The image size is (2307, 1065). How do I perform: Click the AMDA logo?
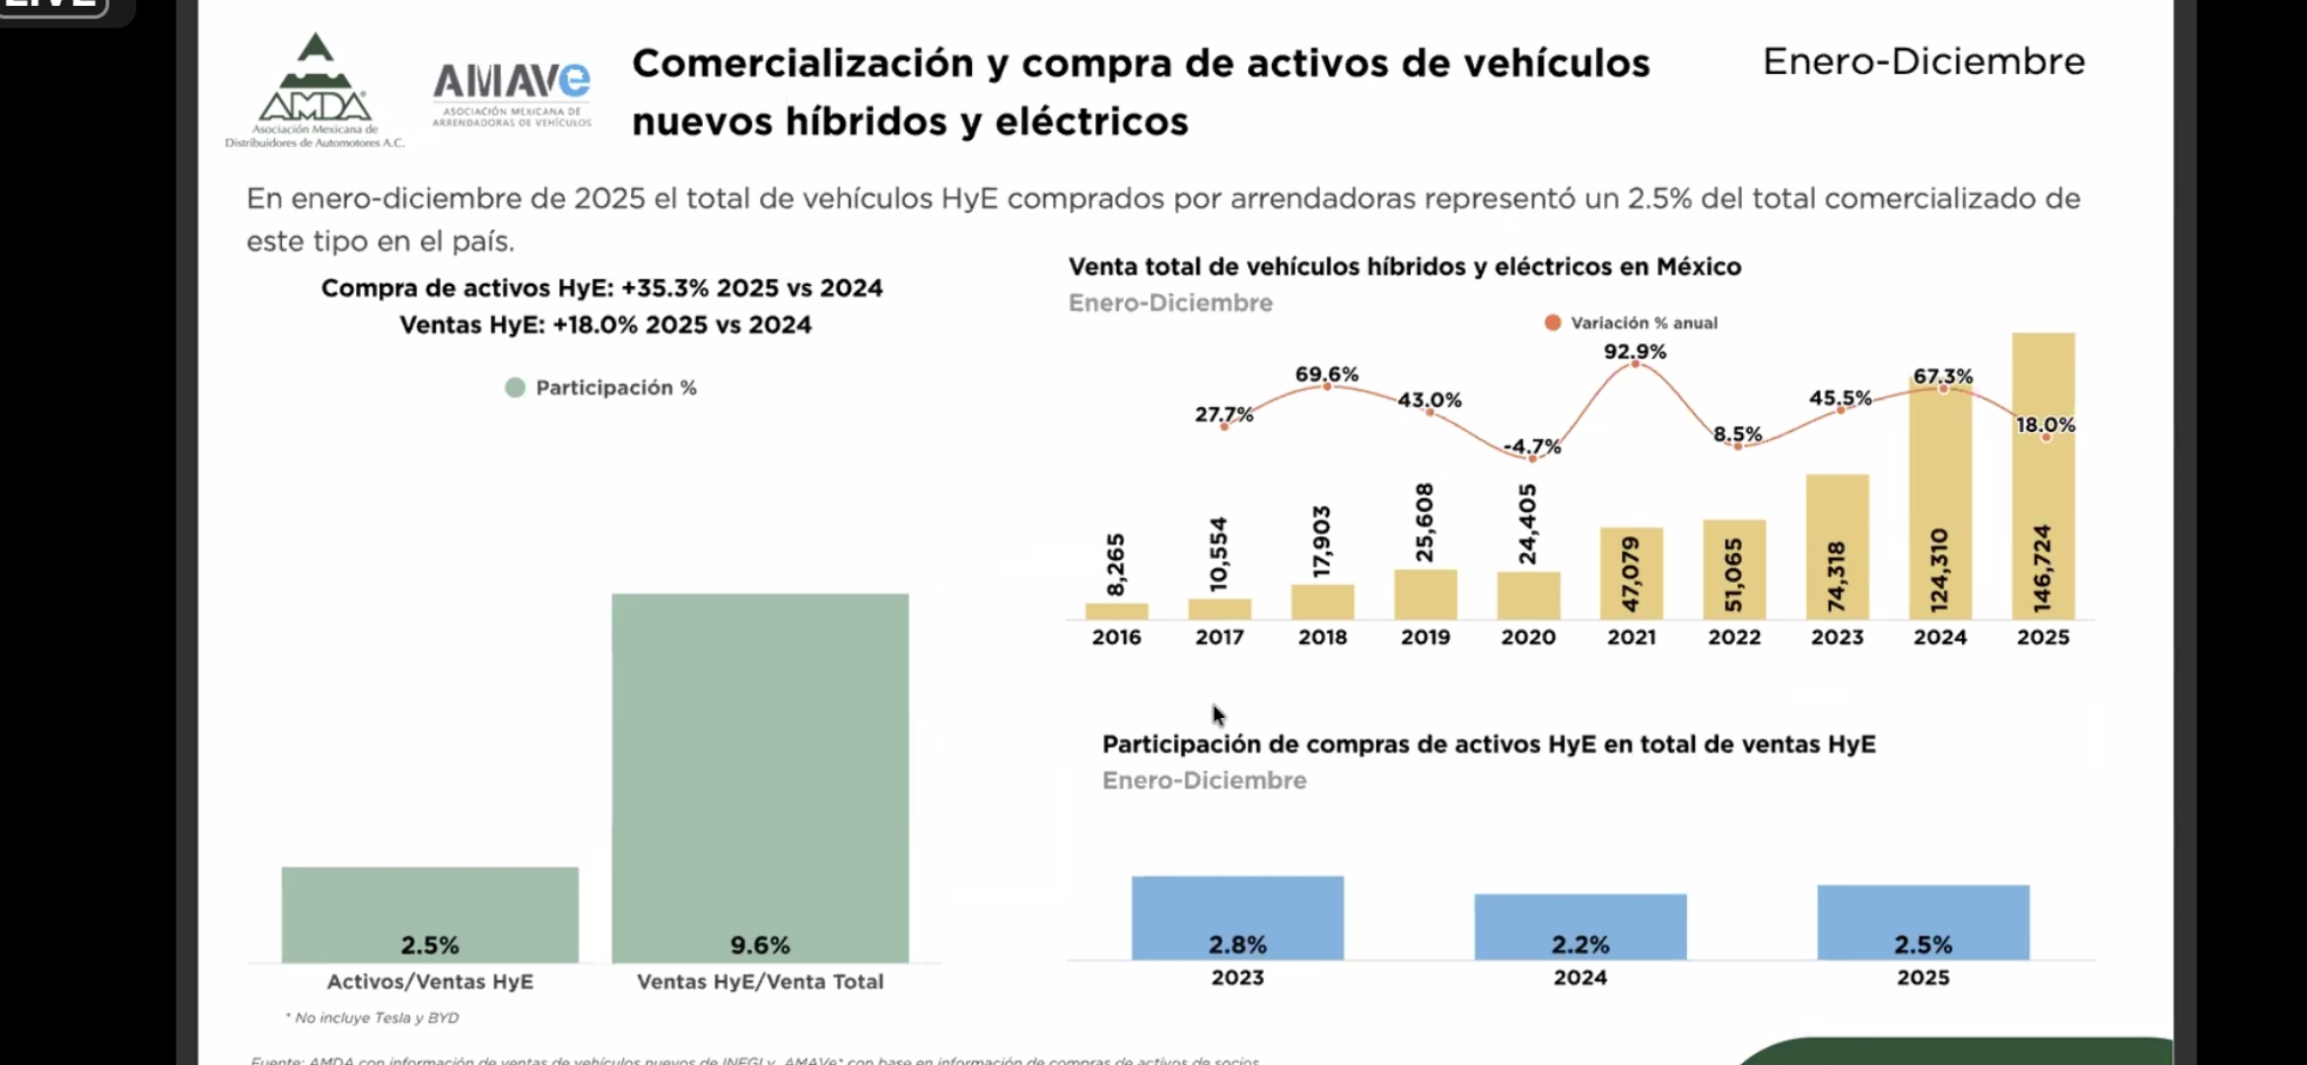[315, 91]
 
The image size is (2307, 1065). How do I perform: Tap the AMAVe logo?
[512, 93]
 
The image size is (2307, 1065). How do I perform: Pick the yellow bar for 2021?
[1631, 573]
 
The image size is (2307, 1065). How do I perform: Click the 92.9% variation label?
[1635, 351]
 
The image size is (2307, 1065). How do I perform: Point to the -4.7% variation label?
[1532, 447]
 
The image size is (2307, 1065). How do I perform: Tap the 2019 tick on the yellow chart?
[1425, 637]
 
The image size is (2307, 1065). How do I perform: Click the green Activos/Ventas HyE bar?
[430, 914]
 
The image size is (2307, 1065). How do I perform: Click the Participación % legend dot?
[515, 388]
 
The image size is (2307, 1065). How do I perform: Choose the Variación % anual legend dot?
[1553, 322]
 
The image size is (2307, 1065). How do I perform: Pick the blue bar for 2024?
[1580, 926]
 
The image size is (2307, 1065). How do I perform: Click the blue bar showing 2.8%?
[1237, 917]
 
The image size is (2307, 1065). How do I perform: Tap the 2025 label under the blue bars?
[1922, 977]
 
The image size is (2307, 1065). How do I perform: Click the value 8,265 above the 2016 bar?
[1115, 565]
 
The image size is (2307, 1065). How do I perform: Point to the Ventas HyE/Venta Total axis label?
[760, 981]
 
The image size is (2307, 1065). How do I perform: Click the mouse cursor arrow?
[1219, 714]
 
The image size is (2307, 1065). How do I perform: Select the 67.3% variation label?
[1942, 376]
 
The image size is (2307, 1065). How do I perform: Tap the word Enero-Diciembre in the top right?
[1923, 61]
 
